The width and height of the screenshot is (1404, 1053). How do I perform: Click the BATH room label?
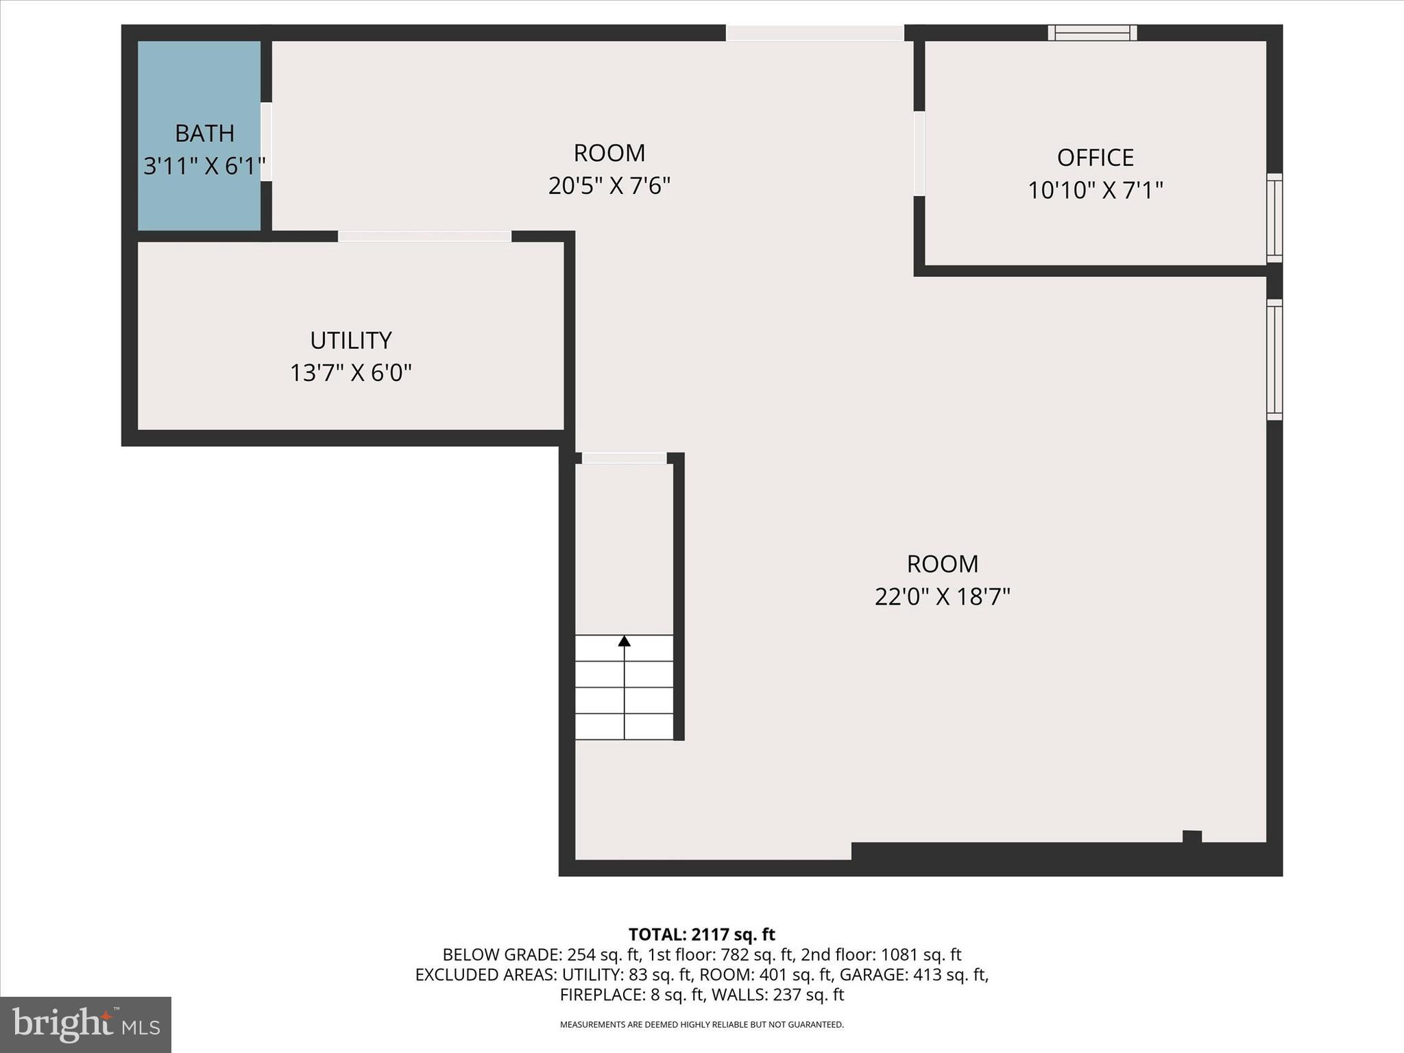(x=204, y=133)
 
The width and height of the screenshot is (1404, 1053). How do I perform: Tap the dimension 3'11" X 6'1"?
(x=204, y=166)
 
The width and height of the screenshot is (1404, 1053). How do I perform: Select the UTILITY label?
(x=350, y=340)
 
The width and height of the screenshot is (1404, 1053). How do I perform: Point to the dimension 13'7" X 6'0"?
(x=350, y=373)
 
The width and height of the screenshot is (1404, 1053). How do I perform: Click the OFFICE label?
(x=1095, y=158)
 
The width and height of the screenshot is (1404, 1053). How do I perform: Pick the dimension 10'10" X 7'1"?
(x=1095, y=190)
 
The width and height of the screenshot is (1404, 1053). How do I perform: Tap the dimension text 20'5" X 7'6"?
(x=609, y=186)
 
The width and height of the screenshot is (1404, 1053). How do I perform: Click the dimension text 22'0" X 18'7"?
(x=942, y=596)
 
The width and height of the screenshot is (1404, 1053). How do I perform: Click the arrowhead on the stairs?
(x=624, y=641)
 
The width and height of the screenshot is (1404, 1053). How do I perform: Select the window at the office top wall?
(x=1092, y=32)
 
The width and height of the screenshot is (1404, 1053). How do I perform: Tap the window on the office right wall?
(x=1274, y=218)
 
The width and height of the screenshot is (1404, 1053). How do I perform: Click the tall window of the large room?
(x=1274, y=360)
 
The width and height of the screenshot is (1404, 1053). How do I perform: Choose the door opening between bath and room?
(x=266, y=142)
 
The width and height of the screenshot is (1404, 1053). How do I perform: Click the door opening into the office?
(x=919, y=154)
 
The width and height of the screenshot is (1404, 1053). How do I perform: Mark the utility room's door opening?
(x=424, y=237)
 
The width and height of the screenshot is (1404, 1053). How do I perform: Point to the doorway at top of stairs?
(x=624, y=458)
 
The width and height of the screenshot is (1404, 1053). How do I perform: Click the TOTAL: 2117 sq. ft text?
(x=701, y=934)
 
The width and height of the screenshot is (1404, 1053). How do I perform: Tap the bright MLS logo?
(x=86, y=1024)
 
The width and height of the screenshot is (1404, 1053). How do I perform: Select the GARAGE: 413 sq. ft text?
(x=913, y=974)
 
